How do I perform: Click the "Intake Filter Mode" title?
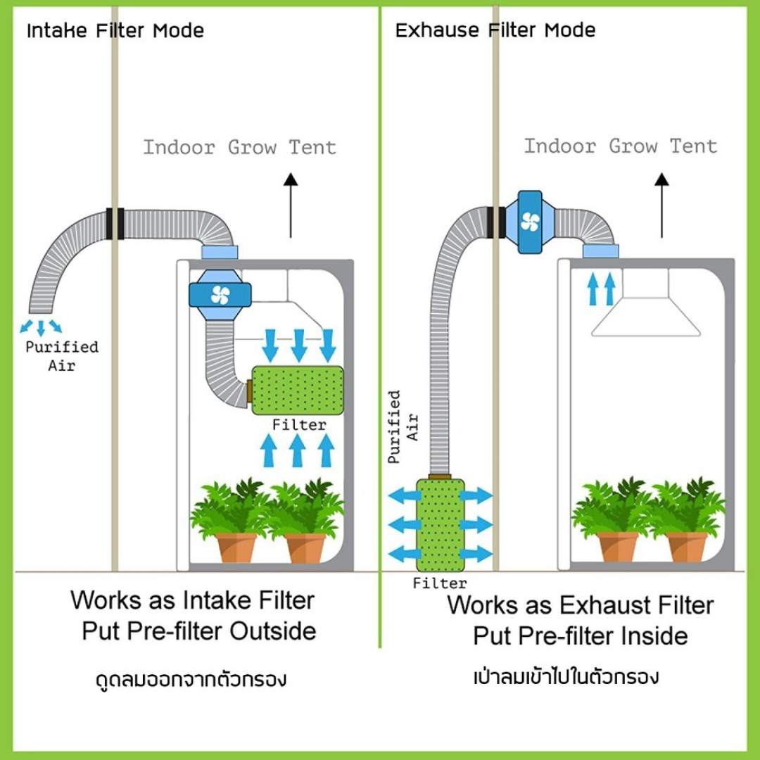(x=115, y=31)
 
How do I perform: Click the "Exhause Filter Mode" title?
(x=495, y=31)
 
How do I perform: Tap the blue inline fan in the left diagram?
(x=220, y=295)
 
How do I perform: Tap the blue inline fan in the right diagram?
(x=529, y=222)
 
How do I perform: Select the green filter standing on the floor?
(x=440, y=524)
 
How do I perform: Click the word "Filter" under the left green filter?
(x=299, y=425)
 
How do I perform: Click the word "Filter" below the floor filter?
(x=440, y=583)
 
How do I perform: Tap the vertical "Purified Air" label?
(x=403, y=426)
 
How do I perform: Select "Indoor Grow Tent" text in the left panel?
(x=240, y=148)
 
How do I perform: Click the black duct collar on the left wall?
(x=115, y=224)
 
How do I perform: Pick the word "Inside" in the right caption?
(x=654, y=636)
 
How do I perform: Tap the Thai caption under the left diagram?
(x=191, y=680)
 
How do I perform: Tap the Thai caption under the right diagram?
(x=566, y=678)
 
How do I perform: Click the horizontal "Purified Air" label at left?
(x=61, y=355)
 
